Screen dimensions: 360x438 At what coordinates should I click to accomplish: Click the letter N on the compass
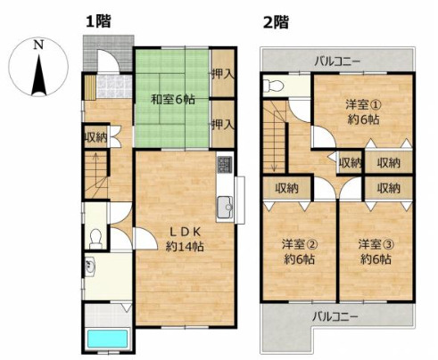pos(37,44)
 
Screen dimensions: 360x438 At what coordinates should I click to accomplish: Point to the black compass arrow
pos(38,74)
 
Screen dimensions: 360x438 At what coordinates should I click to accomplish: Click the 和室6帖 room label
pos(171,99)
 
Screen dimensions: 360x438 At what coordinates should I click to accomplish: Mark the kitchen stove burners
pos(224,165)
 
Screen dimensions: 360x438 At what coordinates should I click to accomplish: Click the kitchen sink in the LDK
pos(223,206)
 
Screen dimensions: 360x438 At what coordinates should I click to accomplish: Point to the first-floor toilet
pos(95,234)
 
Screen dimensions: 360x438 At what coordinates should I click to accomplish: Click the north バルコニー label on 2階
pos(336,61)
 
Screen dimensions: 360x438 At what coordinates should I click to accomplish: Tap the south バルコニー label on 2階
pos(336,315)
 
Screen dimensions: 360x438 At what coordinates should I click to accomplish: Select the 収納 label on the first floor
pos(95,136)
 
